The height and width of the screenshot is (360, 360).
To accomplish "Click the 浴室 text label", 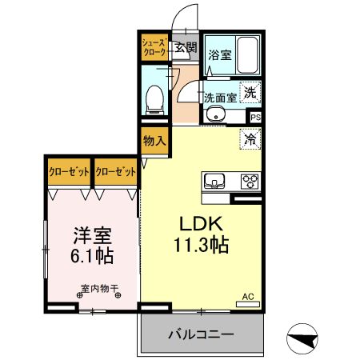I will click(x=219, y=55).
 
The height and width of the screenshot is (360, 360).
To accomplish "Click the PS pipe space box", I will click(x=255, y=117).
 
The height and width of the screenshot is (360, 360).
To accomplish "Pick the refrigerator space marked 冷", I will click(x=250, y=138).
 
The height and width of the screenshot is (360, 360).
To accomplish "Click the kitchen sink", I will click(x=215, y=178).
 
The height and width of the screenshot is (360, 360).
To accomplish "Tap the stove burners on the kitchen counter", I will click(x=249, y=179).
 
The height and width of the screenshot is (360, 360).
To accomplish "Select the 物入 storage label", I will click(x=154, y=141).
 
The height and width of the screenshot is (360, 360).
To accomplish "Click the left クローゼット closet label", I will click(x=68, y=171).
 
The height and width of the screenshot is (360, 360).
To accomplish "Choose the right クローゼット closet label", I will click(x=115, y=171).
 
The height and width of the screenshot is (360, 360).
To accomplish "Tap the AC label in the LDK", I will click(x=247, y=297).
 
